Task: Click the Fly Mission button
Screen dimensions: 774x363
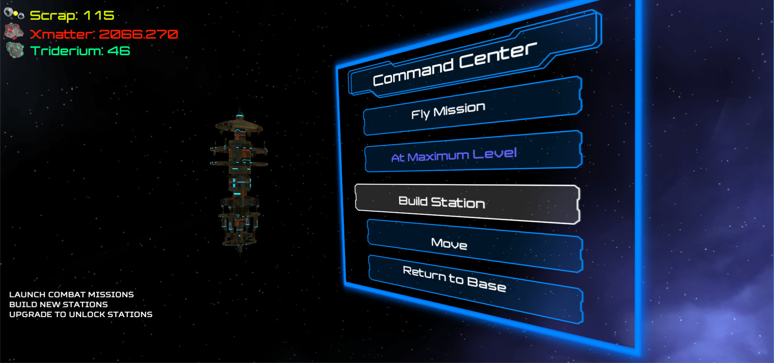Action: tap(472, 106)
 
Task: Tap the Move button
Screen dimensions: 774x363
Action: tap(475, 246)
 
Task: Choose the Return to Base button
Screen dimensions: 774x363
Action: tap(476, 289)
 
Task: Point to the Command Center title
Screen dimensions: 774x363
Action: tap(455, 64)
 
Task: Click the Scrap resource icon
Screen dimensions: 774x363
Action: tap(14, 14)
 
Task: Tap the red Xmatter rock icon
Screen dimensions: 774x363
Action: tap(14, 31)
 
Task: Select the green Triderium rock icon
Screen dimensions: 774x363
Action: tap(15, 50)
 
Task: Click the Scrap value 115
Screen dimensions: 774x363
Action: tap(99, 15)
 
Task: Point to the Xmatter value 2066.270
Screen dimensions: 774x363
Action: tap(138, 34)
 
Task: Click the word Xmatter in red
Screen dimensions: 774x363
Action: tap(61, 34)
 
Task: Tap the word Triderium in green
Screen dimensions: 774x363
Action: tap(66, 51)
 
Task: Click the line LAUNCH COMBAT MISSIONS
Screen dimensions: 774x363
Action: tap(72, 294)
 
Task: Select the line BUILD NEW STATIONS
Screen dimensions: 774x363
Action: tap(59, 304)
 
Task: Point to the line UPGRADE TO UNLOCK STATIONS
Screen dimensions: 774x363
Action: tap(81, 314)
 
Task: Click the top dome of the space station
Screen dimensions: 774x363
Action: tap(239, 123)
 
